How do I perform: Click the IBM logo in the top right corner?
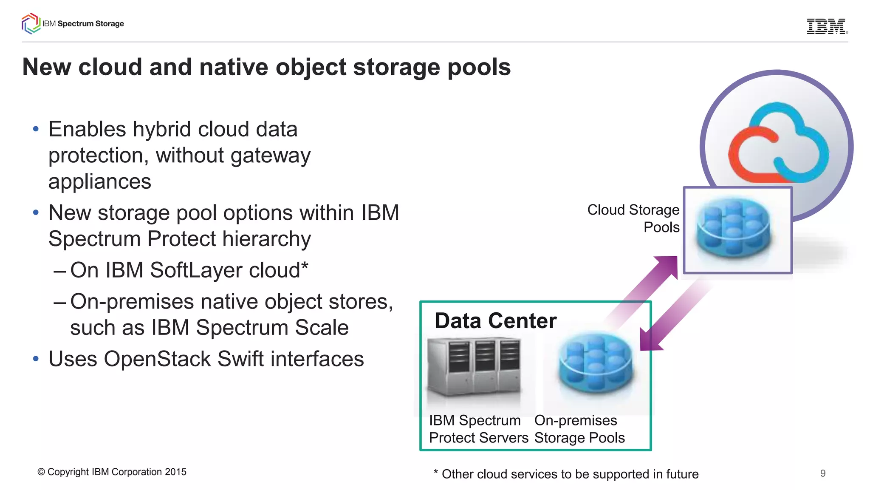point(827,26)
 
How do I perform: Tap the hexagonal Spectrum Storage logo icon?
point(31,23)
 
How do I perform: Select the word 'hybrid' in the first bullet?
point(162,129)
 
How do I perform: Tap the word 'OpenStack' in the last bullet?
point(157,359)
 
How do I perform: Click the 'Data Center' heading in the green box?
point(495,320)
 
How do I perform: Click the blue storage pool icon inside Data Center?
point(596,365)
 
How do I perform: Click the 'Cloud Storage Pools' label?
point(633,218)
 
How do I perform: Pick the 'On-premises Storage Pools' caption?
point(579,429)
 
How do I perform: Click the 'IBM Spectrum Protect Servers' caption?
point(478,429)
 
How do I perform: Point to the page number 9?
point(823,473)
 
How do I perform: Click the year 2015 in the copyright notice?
point(175,472)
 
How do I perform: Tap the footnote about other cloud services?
point(566,474)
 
